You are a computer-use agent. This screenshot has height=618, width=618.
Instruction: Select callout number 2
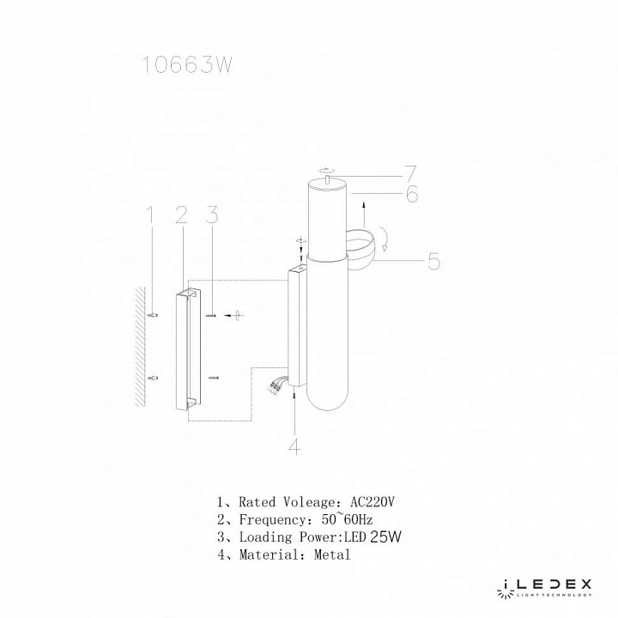[x=180, y=215]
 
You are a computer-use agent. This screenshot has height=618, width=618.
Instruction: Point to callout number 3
[x=209, y=215]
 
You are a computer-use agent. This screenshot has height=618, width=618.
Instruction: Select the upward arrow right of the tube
[x=365, y=209]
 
